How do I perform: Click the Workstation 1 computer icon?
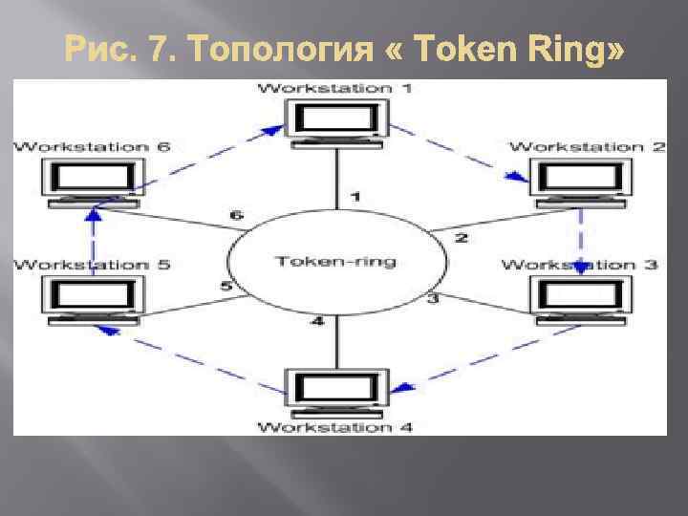click(337, 123)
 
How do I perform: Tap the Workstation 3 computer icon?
click(580, 298)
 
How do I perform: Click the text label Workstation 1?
click(336, 88)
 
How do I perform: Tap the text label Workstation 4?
click(336, 427)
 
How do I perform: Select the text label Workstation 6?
click(93, 146)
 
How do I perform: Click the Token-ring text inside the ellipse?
click(336, 260)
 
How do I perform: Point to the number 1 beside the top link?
click(355, 197)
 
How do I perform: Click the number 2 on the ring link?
click(461, 238)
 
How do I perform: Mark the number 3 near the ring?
click(432, 299)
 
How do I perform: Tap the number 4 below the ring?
click(317, 322)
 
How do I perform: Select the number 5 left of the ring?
click(226, 285)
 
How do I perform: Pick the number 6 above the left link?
click(236, 215)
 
